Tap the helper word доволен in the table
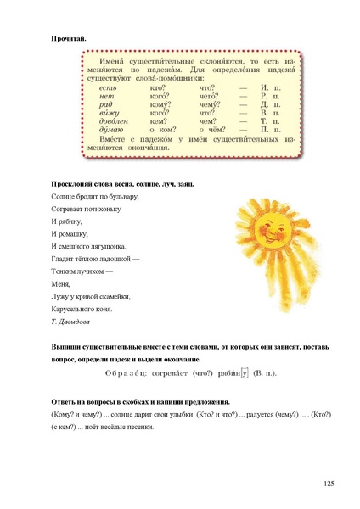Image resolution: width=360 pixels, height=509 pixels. point(111,120)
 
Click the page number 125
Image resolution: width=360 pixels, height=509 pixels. point(329,483)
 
